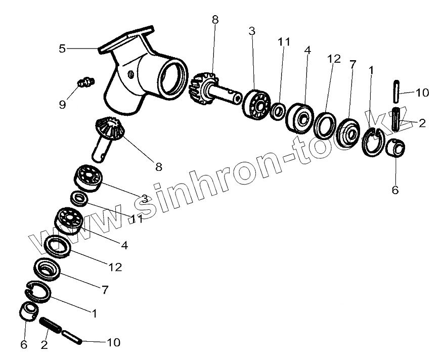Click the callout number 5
pyautogui.click(x=62, y=49)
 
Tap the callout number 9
pyautogui.click(x=62, y=105)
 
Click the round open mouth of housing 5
pyautogui.click(x=171, y=79)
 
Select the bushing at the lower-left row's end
pyautogui.click(x=28, y=311)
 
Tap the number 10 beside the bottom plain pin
pyautogui.click(x=113, y=342)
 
